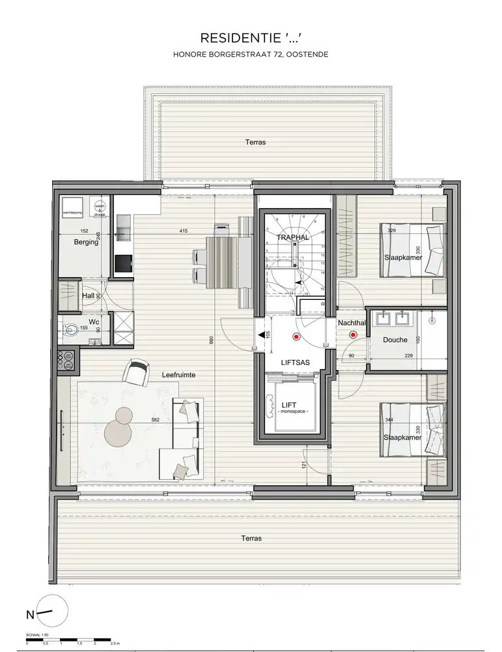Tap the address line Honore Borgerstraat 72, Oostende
tap(251, 55)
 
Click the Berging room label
tap(85, 242)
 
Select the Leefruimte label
tap(179, 375)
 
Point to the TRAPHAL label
tap(292, 237)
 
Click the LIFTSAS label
tap(295, 361)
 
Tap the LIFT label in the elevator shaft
tap(288, 405)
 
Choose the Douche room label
tap(395, 340)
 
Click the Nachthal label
tap(351, 323)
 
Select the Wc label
tap(94, 322)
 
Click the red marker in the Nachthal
tap(354, 335)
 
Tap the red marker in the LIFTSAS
tap(296, 337)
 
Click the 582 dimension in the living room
tap(156, 421)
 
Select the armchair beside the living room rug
tap(137, 373)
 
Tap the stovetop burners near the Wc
tap(66, 361)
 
